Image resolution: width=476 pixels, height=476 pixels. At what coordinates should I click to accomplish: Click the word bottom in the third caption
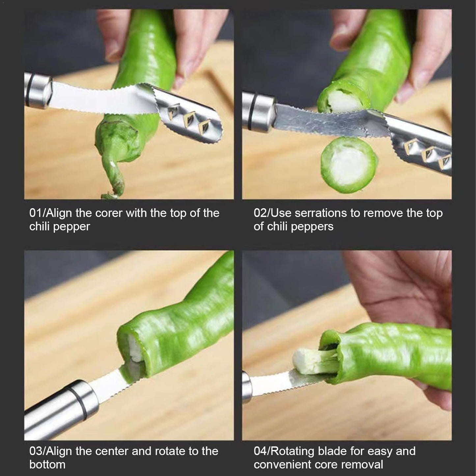(x=47, y=464)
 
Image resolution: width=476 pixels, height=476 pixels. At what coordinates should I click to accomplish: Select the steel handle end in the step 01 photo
(x=37, y=91)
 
